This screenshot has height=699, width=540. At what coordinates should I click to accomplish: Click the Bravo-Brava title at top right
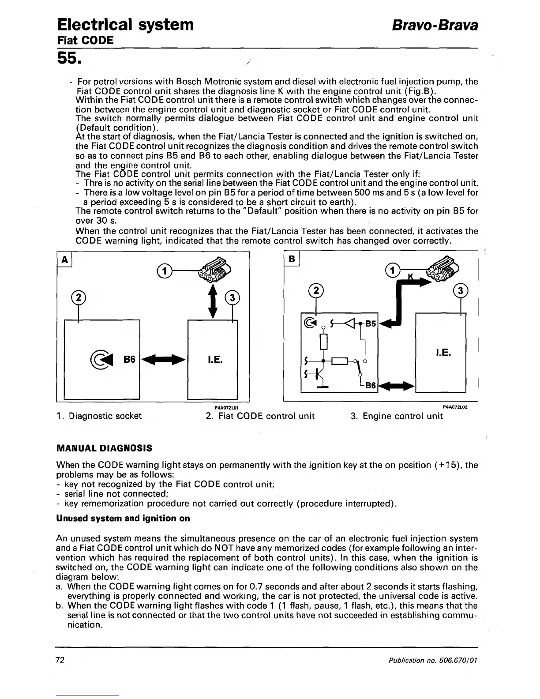435,25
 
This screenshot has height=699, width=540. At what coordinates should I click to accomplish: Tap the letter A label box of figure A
65,260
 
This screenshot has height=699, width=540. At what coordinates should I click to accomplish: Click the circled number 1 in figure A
164,271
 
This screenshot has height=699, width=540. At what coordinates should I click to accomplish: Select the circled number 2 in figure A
78,297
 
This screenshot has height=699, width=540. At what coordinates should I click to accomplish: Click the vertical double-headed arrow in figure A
213,301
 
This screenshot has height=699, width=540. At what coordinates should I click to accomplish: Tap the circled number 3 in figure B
460,291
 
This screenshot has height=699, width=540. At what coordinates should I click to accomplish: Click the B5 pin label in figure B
371,323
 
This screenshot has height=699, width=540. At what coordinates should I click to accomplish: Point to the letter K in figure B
410,277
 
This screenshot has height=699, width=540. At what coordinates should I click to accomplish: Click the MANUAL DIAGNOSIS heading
104,448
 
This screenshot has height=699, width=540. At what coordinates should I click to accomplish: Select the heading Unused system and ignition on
123,518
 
